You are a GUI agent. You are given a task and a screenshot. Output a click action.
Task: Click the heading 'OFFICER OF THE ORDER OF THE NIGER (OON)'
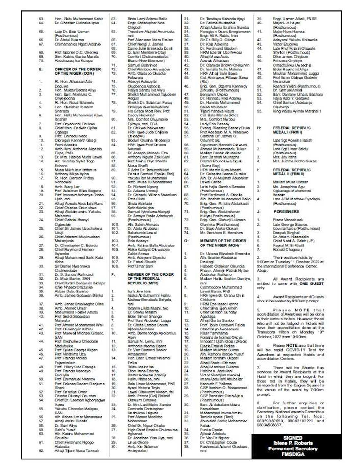(x=77, y=71)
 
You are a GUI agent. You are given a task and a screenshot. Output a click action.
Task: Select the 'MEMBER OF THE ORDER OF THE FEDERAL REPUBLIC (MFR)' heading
(x=150, y=279)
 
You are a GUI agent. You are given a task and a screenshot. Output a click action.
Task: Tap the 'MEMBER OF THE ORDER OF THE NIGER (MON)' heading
(x=223, y=243)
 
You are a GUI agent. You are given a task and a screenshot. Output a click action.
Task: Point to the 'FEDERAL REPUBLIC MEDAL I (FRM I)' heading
(x=292, y=130)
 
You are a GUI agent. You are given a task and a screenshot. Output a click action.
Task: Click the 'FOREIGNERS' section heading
(x=286, y=212)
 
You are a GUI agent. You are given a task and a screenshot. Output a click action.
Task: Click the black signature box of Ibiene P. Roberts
(x=292, y=446)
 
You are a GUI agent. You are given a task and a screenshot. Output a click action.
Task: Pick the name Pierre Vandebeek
(x=288, y=220)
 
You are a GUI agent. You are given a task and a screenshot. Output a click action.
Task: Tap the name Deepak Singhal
(x=286, y=233)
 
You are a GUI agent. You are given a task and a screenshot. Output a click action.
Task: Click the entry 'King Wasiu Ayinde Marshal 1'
(x=297, y=111)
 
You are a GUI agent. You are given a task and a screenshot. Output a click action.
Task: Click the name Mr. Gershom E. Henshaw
(x=221, y=233)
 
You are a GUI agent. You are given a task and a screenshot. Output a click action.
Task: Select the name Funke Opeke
(x=211, y=430)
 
